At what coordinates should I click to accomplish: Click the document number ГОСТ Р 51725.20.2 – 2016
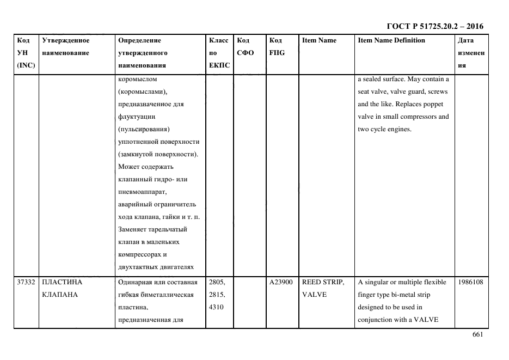[434, 26]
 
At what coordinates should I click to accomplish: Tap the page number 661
[477, 335]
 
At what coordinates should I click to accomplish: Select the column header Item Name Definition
[391, 40]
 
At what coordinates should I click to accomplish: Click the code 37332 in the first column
[26, 282]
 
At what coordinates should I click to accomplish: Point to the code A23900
[281, 282]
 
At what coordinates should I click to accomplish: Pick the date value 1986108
[471, 282]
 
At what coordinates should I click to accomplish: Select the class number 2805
[216, 282]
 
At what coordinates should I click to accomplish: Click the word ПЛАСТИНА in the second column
[62, 282]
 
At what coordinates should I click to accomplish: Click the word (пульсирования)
[144, 129]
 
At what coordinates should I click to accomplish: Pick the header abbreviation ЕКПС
[219, 65]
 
